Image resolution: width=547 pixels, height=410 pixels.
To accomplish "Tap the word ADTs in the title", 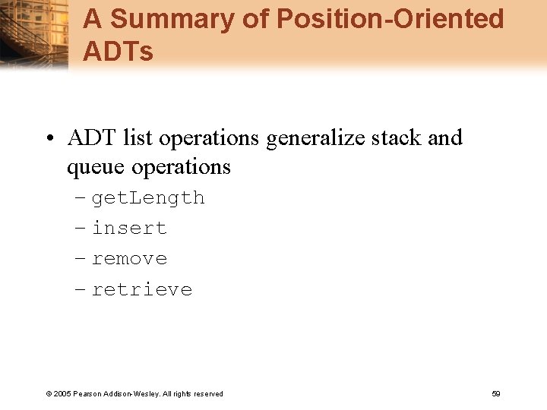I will (x=118, y=52).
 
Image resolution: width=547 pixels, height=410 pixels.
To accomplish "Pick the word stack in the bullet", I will (x=400, y=138).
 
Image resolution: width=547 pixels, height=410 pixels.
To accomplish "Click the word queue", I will (x=96, y=167).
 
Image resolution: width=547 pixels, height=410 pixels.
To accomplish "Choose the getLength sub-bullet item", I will (x=148, y=198).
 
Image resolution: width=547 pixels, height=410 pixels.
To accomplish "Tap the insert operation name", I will (x=129, y=229).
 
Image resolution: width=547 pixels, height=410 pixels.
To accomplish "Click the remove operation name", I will (x=129, y=259).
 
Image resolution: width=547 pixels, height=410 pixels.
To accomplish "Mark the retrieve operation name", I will (x=142, y=289).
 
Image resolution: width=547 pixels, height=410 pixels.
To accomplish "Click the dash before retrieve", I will (x=81, y=289).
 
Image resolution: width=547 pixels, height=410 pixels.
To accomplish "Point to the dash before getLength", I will (x=81, y=198).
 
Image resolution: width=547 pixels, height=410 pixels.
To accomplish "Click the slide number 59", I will (x=496, y=393).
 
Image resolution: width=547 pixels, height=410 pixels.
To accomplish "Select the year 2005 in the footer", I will (x=61, y=394).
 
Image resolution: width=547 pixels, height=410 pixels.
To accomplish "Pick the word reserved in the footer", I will (x=209, y=394).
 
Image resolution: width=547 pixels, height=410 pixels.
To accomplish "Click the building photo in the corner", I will (x=34, y=34).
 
